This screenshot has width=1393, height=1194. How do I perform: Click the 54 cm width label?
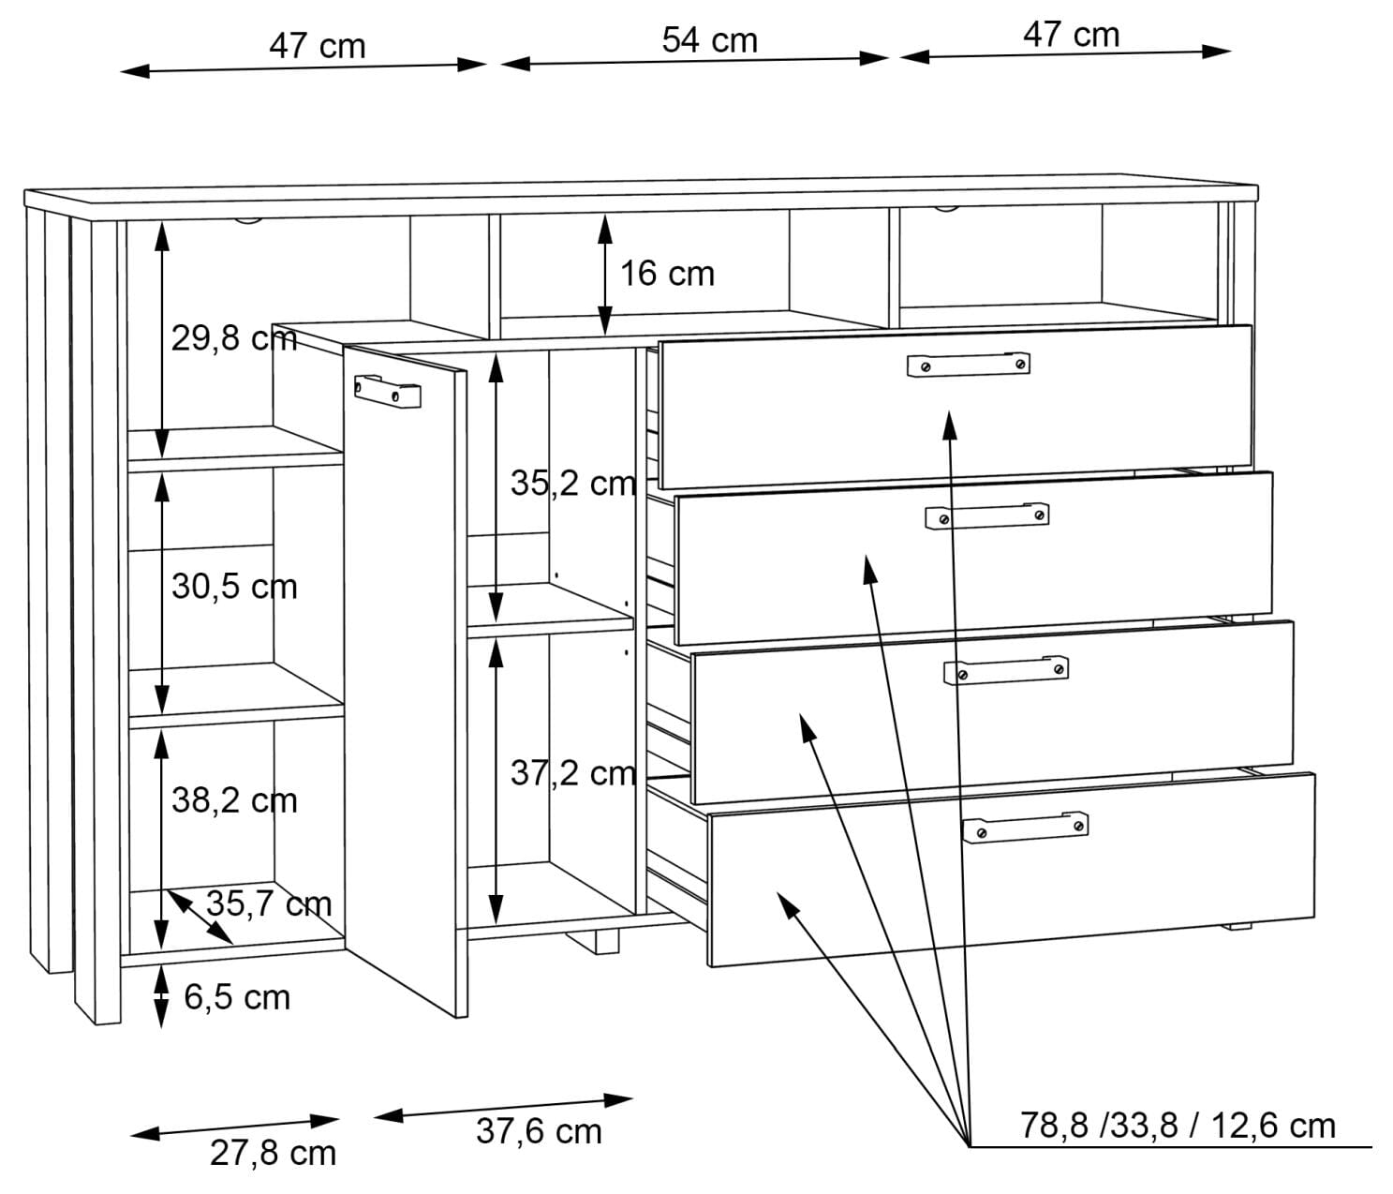coord(709,39)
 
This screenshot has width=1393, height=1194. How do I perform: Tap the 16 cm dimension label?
coord(666,274)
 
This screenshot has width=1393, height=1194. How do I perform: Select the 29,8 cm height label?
coord(234,337)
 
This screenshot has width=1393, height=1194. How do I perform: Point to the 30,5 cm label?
coord(234,587)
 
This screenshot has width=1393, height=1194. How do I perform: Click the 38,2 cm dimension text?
coord(234,800)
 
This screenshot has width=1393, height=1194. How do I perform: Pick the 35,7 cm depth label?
coord(269,903)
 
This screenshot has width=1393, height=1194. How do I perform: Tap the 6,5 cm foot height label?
coord(237,997)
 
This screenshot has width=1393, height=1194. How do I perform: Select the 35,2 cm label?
coord(572,483)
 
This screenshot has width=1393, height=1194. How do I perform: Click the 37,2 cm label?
coord(572,772)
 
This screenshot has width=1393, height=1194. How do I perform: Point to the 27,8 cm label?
coord(273,1153)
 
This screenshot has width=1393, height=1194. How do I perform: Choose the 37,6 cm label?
coord(539,1130)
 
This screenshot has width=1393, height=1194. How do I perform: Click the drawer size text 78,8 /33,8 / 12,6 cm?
coord(1178,1126)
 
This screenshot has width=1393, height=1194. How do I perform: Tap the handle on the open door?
coord(388,391)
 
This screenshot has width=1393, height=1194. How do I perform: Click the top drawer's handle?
coord(968,364)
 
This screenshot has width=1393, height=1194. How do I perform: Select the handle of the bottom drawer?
coord(1025,828)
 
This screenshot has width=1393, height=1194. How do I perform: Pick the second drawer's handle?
coord(986,515)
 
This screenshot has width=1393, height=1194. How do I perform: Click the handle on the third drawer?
coord(1005,670)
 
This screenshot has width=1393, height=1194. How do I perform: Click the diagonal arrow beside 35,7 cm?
coord(200,917)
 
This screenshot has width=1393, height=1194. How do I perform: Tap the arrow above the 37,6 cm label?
coord(503,1108)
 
